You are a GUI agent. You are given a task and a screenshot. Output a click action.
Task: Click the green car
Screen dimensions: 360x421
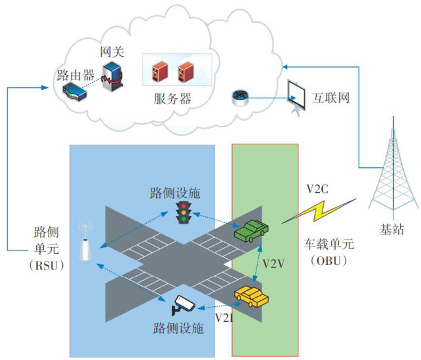pos(252,230)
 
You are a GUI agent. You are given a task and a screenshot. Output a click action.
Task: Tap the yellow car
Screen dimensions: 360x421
pos(252,298)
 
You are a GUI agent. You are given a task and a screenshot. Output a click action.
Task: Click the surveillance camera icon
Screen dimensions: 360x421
pos(183,304)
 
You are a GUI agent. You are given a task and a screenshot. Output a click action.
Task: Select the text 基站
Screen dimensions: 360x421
pos(393,230)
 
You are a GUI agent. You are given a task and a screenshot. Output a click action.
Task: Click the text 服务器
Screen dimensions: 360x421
pos(172,100)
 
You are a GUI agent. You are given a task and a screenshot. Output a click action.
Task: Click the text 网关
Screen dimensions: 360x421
pos(112,52)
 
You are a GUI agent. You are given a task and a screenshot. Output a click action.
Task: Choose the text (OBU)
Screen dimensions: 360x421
pos(328,260)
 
